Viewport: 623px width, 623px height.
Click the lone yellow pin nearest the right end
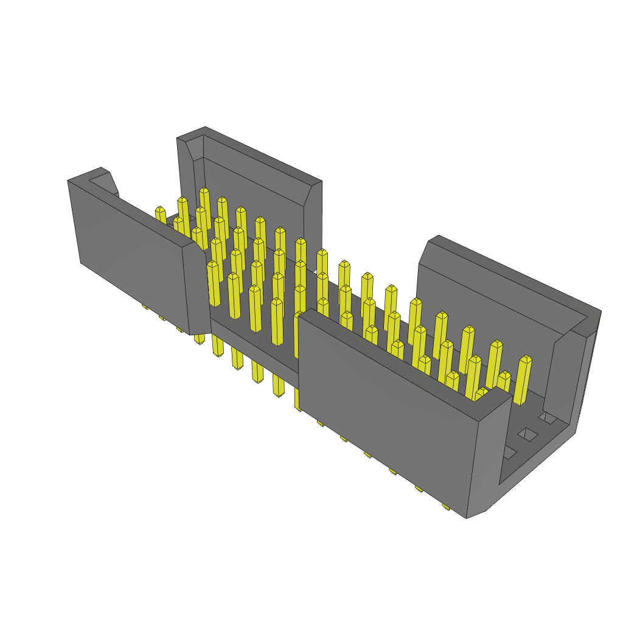point(523,380)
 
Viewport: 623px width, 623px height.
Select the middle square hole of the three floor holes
point(528,434)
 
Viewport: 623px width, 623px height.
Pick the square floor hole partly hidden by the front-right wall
point(507,452)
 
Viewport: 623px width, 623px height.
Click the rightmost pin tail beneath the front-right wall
point(445,507)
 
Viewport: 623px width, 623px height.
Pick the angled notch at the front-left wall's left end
point(110,183)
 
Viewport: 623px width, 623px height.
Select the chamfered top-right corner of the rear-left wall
point(312,195)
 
